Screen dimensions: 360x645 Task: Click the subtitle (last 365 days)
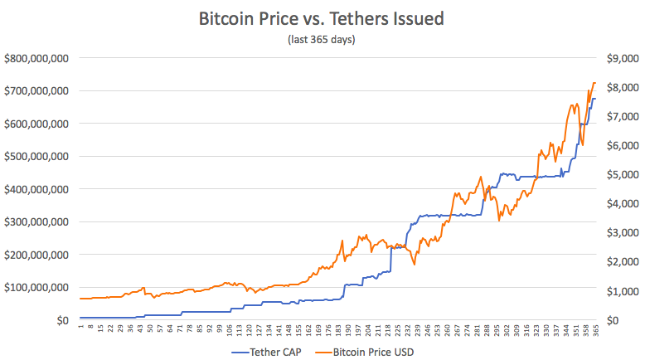point(322,39)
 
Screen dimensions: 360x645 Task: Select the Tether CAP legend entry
point(262,352)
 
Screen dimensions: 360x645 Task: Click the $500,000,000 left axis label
point(36,156)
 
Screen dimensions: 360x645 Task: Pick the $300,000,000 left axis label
point(36,221)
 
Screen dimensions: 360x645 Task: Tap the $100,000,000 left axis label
point(36,287)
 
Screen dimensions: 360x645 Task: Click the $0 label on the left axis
point(61,320)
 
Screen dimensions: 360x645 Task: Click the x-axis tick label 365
point(595,330)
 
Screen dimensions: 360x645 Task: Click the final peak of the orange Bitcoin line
point(594,83)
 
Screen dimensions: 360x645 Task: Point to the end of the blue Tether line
point(595,99)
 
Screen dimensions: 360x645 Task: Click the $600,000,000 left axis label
point(36,124)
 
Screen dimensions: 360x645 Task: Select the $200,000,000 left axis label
point(36,255)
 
